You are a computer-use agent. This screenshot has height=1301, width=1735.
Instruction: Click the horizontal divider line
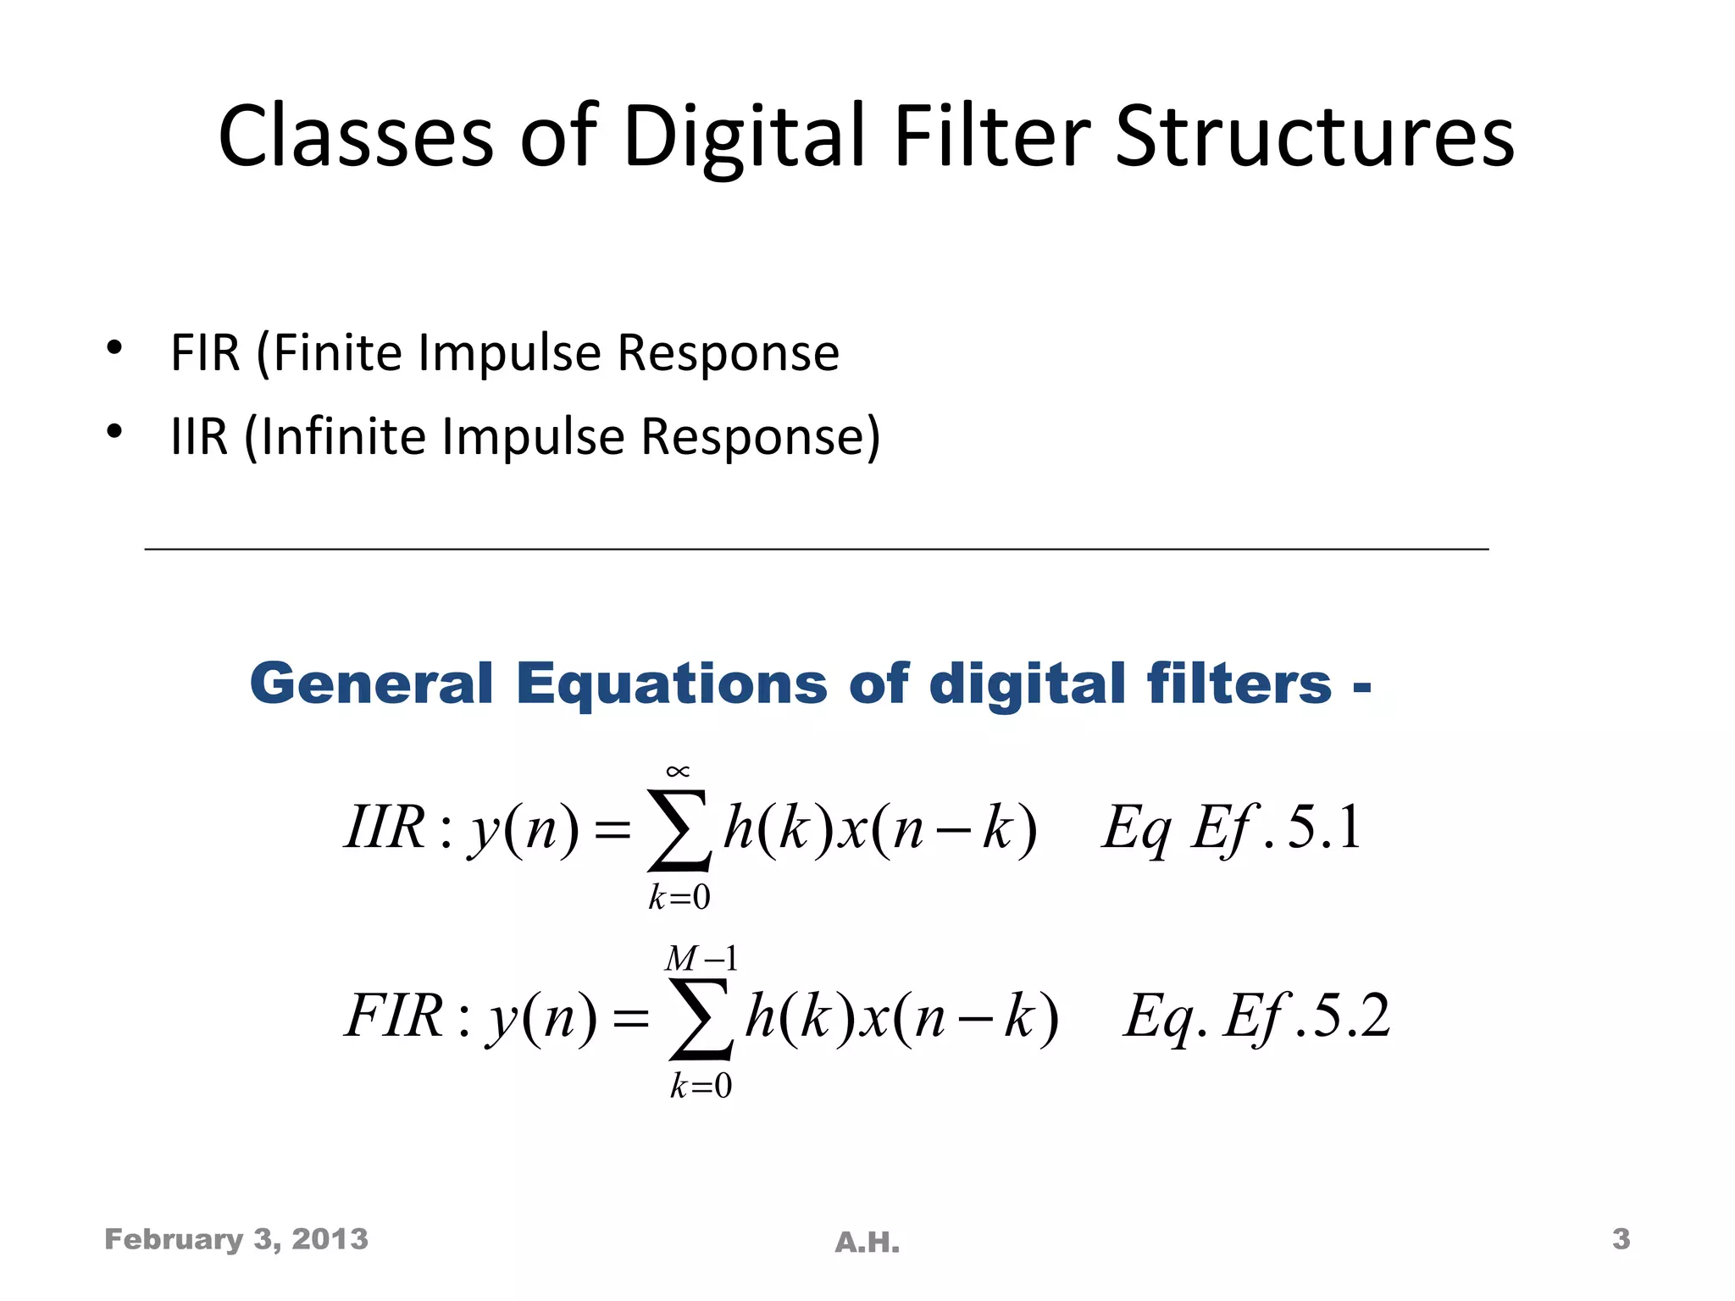817,550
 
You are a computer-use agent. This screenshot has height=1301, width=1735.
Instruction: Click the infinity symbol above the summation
678,771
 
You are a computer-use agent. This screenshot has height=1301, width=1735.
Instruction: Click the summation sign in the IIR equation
678,830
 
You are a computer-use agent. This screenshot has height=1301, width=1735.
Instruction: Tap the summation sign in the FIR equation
700,1018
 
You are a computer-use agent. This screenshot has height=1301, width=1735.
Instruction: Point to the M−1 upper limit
701,959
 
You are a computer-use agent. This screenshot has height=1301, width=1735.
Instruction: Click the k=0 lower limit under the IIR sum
679,897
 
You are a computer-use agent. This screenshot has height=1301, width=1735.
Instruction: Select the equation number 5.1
1324,828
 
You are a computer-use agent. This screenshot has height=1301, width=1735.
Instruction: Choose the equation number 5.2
1351,1016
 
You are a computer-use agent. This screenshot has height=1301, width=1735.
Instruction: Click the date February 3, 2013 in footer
236,1239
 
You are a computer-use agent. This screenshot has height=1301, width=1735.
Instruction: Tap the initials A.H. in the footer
867,1243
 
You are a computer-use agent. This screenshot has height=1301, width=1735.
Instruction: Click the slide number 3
1621,1239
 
